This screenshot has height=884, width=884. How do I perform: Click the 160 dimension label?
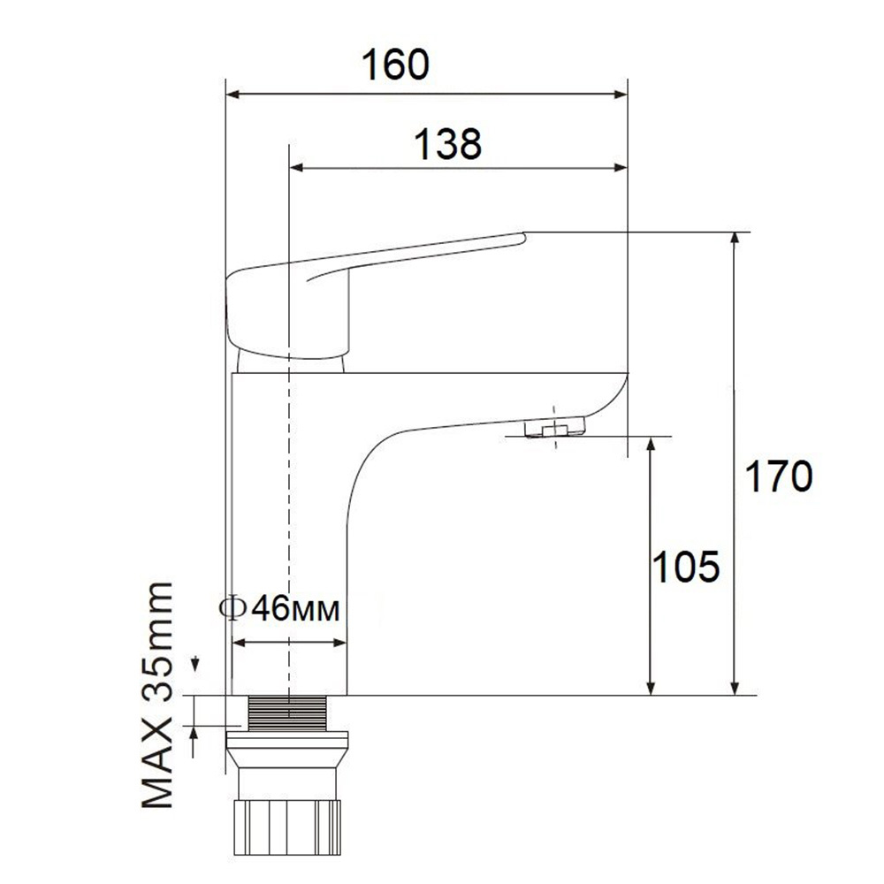[x=395, y=65]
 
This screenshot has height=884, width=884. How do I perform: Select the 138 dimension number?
[x=448, y=144]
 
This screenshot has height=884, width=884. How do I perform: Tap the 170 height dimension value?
[x=779, y=476]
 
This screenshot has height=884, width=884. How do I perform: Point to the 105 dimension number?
[x=686, y=567]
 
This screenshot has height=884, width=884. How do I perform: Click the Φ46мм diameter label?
[x=279, y=608]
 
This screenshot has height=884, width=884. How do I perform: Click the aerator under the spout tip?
[x=555, y=427]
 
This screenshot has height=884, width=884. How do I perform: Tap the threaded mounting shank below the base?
[x=288, y=713]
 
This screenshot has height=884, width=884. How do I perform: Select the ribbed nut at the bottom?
[x=287, y=827]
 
